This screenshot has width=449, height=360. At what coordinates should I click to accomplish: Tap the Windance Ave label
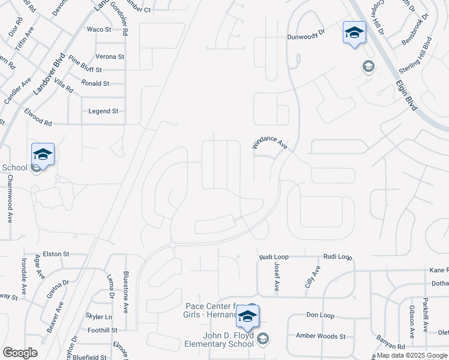click(270, 143)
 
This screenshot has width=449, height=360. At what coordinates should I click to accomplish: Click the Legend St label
click(103, 111)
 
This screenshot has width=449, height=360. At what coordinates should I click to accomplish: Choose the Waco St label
click(99, 29)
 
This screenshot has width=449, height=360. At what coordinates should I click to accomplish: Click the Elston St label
click(56, 254)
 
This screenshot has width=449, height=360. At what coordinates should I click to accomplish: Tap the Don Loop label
click(320, 314)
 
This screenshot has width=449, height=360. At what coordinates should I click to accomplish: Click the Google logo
click(20, 353)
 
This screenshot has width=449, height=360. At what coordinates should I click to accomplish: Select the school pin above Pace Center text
click(247, 316)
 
